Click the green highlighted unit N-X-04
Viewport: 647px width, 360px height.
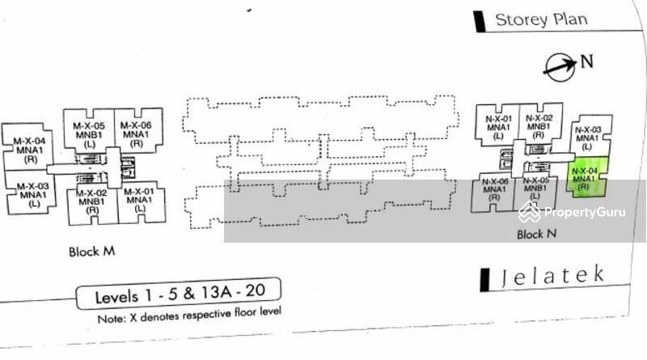coord(585,180)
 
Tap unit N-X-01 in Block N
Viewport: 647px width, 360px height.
coord(496,127)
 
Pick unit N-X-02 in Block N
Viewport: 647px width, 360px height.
coord(538,127)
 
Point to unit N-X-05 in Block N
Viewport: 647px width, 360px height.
coord(536,189)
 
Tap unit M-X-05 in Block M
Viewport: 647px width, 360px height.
coord(89,134)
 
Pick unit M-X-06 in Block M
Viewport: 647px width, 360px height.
coord(135,133)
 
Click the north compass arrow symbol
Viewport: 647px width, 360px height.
coord(560,66)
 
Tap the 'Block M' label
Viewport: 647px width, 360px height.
coord(91,252)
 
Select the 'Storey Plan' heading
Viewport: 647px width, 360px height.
coord(540,19)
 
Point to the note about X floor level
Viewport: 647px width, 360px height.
coord(189,315)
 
